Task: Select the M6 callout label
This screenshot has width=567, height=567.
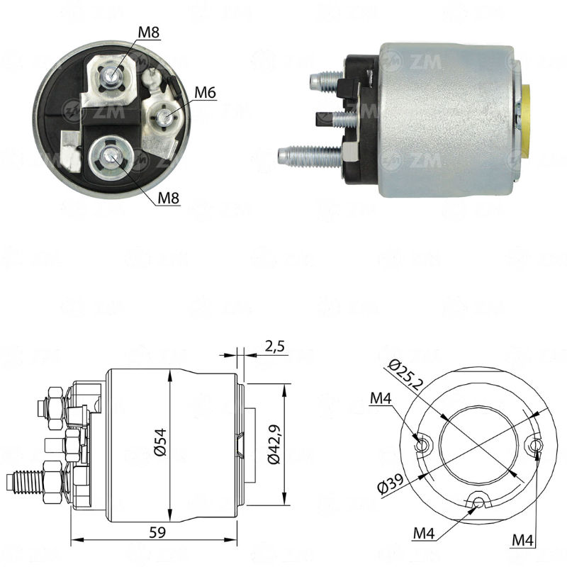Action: [x=205, y=91]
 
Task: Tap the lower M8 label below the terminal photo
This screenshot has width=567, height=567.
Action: [x=168, y=198]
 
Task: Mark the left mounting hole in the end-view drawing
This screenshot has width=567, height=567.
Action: [x=423, y=445]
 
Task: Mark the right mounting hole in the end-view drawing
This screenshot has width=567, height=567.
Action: [x=537, y=445]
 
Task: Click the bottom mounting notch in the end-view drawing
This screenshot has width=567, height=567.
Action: [x=480, y=503]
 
